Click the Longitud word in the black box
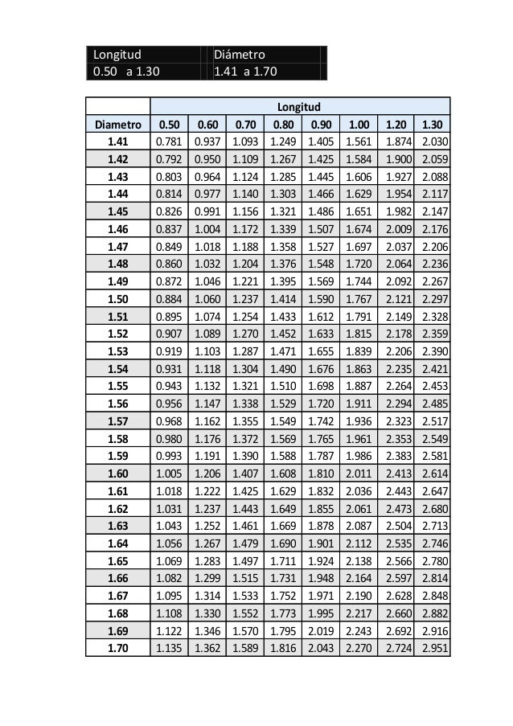pos(117,55)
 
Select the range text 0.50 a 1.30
pos(126,72)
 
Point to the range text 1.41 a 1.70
pos(246,72)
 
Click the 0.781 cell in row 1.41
pos(168,142)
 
